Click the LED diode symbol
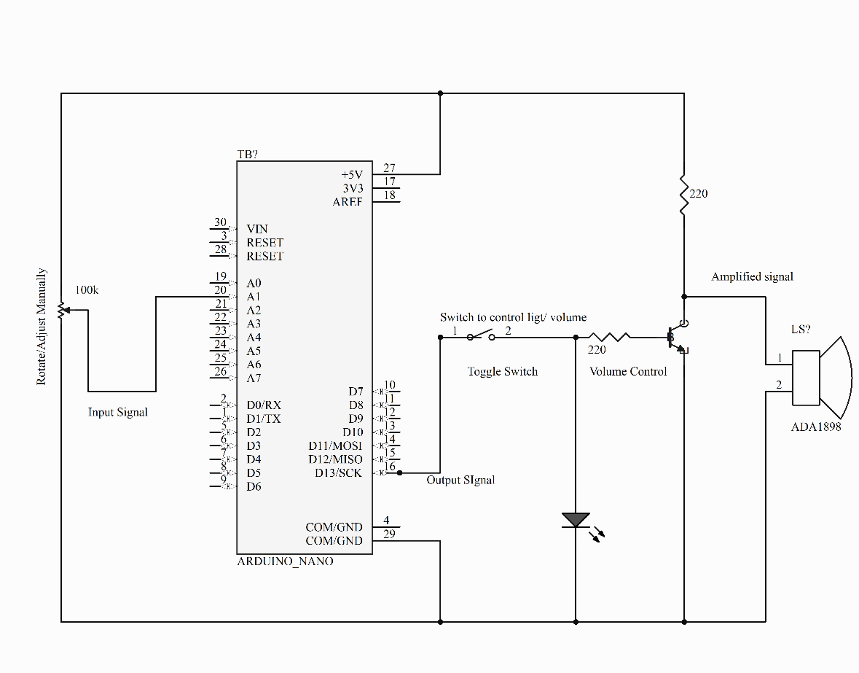(x=576, y=520)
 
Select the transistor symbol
(x=676, y=338)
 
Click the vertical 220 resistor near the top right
(x=683, y=194)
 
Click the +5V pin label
(x=351, y=175)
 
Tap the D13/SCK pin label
(x=338, y=472)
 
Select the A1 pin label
(x=254, y=297)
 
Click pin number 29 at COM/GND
(x=390, y=534)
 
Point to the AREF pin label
(x=348, y=202)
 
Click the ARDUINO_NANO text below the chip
(x=286, y=561)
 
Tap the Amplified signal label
(x=752, y=277)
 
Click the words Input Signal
(x=118, y=412)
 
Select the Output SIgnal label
(x=460, y=480)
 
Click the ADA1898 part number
(x=816, y=427)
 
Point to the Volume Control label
(x=628, y=371)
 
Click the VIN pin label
(x=257, y=229)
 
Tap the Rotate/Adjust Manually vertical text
(x=42, y=326)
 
